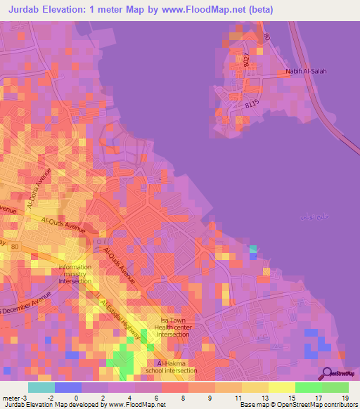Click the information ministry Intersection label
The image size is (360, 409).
(75, 274)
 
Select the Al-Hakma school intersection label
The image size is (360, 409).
(170, 366)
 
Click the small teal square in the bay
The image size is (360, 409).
(253, 249)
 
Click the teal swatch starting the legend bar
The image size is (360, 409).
(41, 387)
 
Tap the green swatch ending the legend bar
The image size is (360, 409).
(335, 387)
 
